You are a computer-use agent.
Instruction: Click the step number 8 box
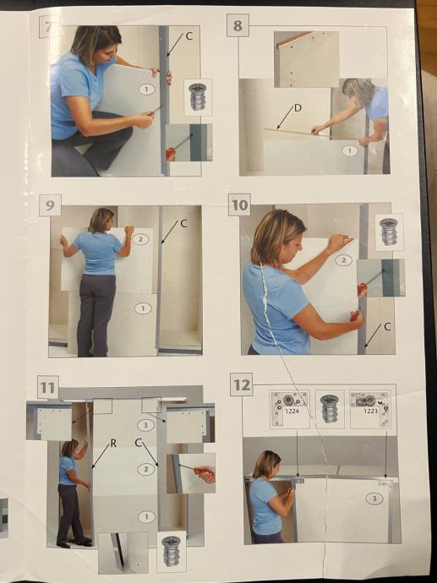[238, 25]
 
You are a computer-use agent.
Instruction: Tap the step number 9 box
[50, 204]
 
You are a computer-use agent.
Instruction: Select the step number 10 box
[239, 204]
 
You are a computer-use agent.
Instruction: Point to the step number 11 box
[48, 387]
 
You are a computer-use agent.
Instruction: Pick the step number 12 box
[242, 384]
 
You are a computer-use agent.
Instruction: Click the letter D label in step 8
[298, 108]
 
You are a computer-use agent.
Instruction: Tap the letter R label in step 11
[113, 444]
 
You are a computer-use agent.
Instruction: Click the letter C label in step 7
[189, 36]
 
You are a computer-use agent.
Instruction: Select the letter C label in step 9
[183, 223]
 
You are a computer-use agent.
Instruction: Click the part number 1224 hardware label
[292, 411]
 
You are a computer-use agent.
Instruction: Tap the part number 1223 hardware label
[370, 411]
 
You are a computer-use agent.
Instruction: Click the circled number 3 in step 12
[374, 499]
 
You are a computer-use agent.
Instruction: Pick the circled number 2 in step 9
[140, 239]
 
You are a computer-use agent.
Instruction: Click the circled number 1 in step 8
[349, 150]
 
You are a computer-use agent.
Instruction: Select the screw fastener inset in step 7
[198, 97]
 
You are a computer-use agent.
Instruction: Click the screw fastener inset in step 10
[389, 232]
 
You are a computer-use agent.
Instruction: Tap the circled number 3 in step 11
[145, 425]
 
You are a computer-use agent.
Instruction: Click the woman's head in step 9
[101, 221]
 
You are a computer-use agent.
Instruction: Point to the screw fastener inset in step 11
[171, 552]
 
